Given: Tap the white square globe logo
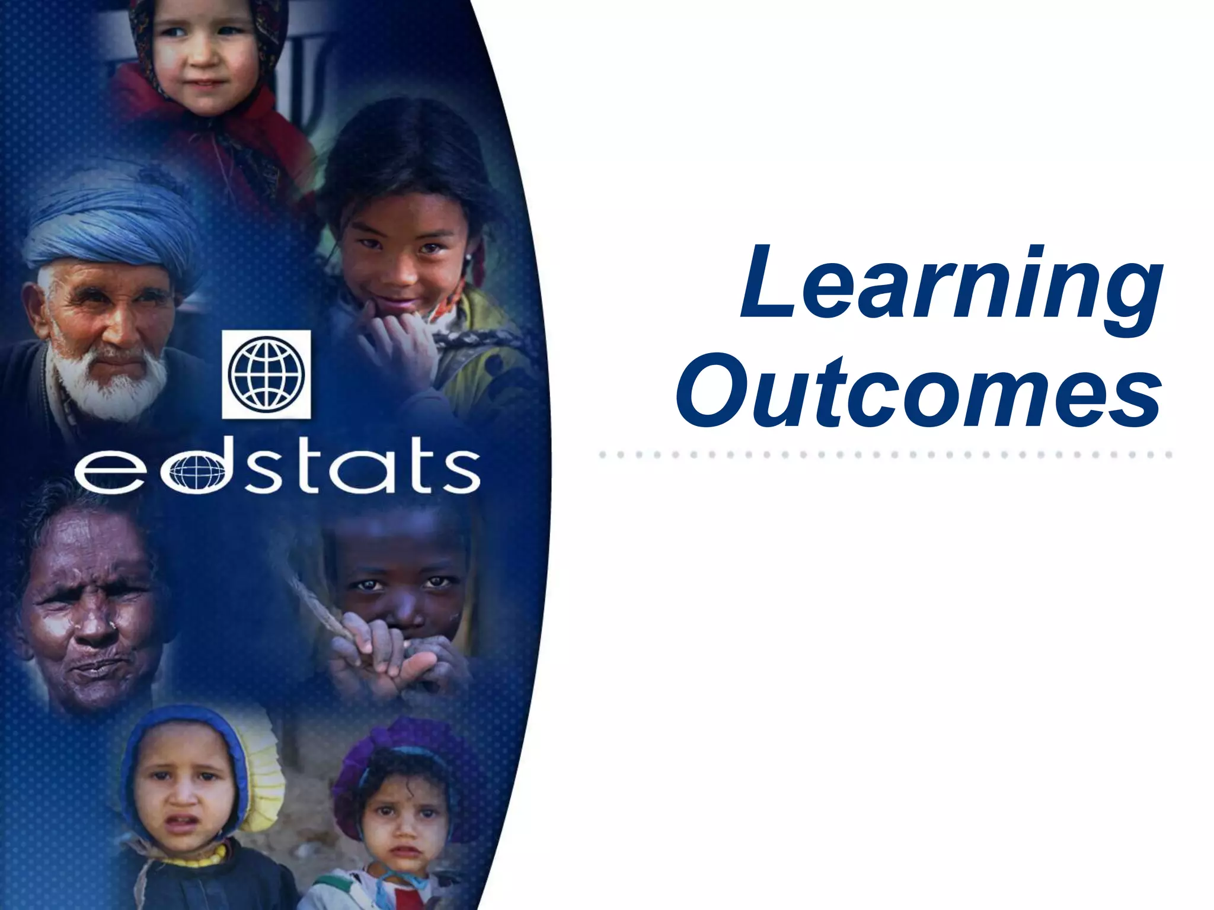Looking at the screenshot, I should click(x=266, y=374).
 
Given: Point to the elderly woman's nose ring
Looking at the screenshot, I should click(x=111, y=624).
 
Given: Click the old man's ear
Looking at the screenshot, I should click(x=36, y=308).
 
